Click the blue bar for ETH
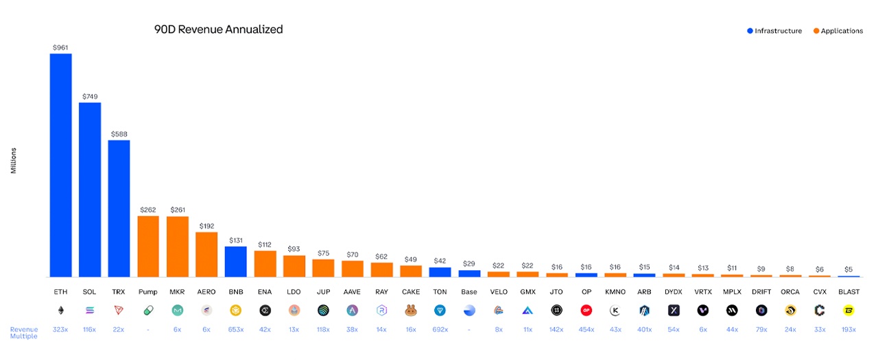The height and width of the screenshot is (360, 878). [x=60, y=165]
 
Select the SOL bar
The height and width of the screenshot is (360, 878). [x=90, y=189]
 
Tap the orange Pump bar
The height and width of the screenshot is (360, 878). [x=148, y=246]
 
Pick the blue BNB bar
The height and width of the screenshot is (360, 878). [x=236, y=261]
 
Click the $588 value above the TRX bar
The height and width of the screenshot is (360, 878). [x=119, y=134]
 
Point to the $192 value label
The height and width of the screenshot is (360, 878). [x=206, y=226]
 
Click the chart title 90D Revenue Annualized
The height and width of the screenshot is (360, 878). [x=218, y=29]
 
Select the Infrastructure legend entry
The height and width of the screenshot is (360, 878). [x=774, y=31]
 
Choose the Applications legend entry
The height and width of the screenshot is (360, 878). [x=838, y=31]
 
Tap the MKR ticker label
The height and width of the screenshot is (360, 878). [x=177, y=292]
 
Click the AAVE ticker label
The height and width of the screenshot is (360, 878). [x=352, y=292]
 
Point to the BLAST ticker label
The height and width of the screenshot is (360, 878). [x=849, y=292]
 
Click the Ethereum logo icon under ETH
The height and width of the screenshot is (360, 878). [x=60, y=310]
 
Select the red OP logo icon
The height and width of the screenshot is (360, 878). [x=586, y=310]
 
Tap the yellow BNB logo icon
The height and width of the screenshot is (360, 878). [x=236, y=310]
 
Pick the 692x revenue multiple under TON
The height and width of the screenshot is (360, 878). [x=440, y=330]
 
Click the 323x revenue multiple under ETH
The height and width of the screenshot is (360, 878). [x=60, y=330]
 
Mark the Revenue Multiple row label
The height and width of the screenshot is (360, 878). [x=24, y=333]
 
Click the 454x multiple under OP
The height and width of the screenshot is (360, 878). [x=586, y=330]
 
